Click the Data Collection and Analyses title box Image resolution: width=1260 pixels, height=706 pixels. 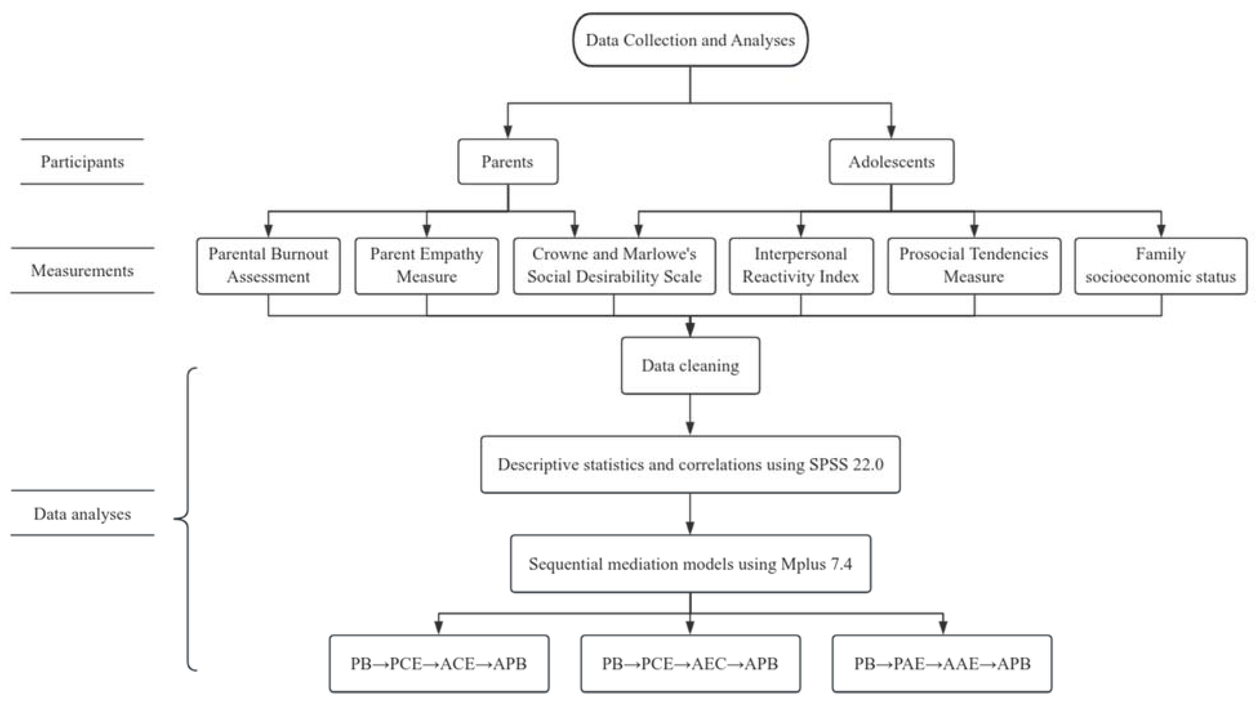pos(690,40)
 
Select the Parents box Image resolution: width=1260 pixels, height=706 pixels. pos(508,162)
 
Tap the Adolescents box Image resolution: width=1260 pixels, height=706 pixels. pos(891,162)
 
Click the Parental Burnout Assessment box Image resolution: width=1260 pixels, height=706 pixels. pos(268,266)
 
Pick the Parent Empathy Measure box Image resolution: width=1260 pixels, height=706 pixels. pos(426,266)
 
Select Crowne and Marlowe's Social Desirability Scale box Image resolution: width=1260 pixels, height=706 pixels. pos(614,266)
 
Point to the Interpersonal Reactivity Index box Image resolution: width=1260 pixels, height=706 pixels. pos(801,266)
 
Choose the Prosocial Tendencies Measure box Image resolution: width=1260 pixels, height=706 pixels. pos(974,266)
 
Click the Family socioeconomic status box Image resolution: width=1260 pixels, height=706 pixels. pos(1161,266)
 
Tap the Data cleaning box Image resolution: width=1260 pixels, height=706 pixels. pos(690,365)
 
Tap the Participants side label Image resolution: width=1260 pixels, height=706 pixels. pos(82,162)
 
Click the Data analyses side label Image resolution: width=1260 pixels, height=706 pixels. pos(82,514)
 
